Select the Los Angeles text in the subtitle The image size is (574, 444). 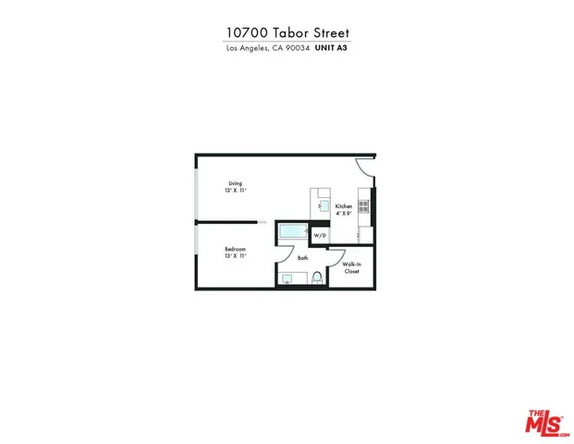(247, 49)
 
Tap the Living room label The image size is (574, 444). (236, 183)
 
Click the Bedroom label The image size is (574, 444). (235, 249)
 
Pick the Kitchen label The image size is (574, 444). (343, 205)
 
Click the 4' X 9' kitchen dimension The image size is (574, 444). (343, 213)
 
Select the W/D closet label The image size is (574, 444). (320, 236)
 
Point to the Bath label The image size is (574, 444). (302, 258)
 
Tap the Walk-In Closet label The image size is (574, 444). (351, 267)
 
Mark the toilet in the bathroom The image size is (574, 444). (316, 277)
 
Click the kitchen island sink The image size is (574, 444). (323, 205)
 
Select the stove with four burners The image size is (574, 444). (364, 204)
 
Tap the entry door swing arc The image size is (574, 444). (364, 167)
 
